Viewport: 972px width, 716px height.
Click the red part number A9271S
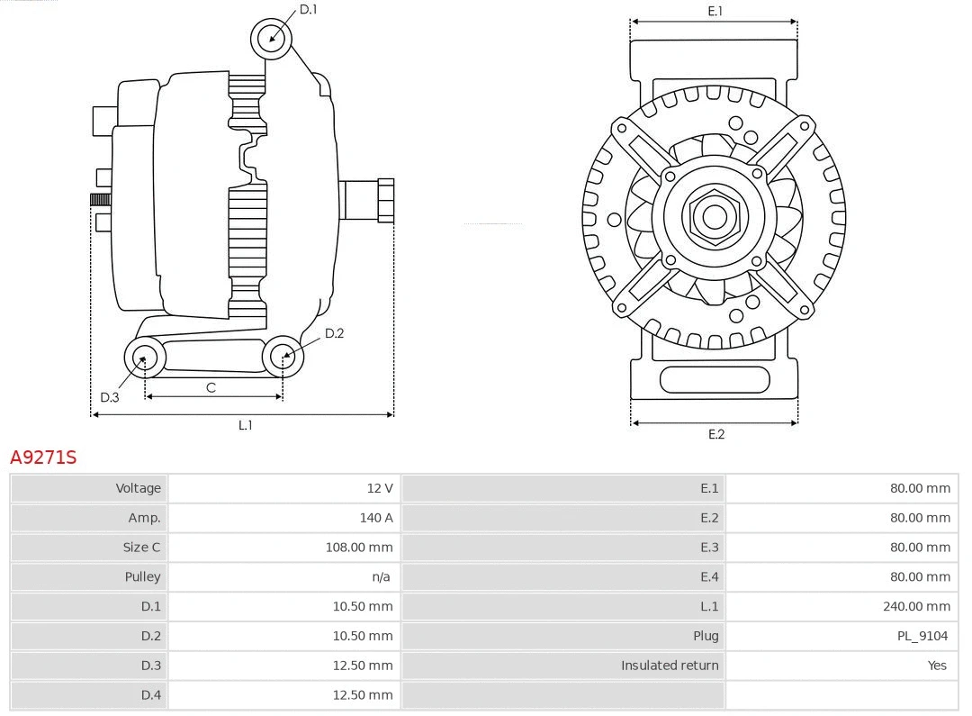[43, 458]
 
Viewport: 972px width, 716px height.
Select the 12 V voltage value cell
[379, 488]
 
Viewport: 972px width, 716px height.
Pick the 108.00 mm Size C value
[358, 548]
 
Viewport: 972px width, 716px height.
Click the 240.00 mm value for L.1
[916, 606]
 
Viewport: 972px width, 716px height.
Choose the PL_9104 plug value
[922, 636]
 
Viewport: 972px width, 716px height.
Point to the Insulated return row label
[670, 666]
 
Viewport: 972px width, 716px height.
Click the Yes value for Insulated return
[937, 666]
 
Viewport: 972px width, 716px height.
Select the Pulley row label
[142, 576]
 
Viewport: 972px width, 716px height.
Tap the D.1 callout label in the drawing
[309, 10]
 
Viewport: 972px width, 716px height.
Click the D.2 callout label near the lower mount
[334, 333]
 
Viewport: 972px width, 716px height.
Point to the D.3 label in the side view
[109, 397]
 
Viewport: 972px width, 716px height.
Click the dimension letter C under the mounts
[211, 387]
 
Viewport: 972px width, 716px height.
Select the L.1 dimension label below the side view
[245, 425]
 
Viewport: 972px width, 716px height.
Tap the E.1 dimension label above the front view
[715, 12]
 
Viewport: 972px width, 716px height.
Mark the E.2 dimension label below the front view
[715, 434]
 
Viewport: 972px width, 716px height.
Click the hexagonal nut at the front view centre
[715, 216]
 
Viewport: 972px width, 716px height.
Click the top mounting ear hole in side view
[272, 38]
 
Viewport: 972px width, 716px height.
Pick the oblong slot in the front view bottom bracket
[715, 379]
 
